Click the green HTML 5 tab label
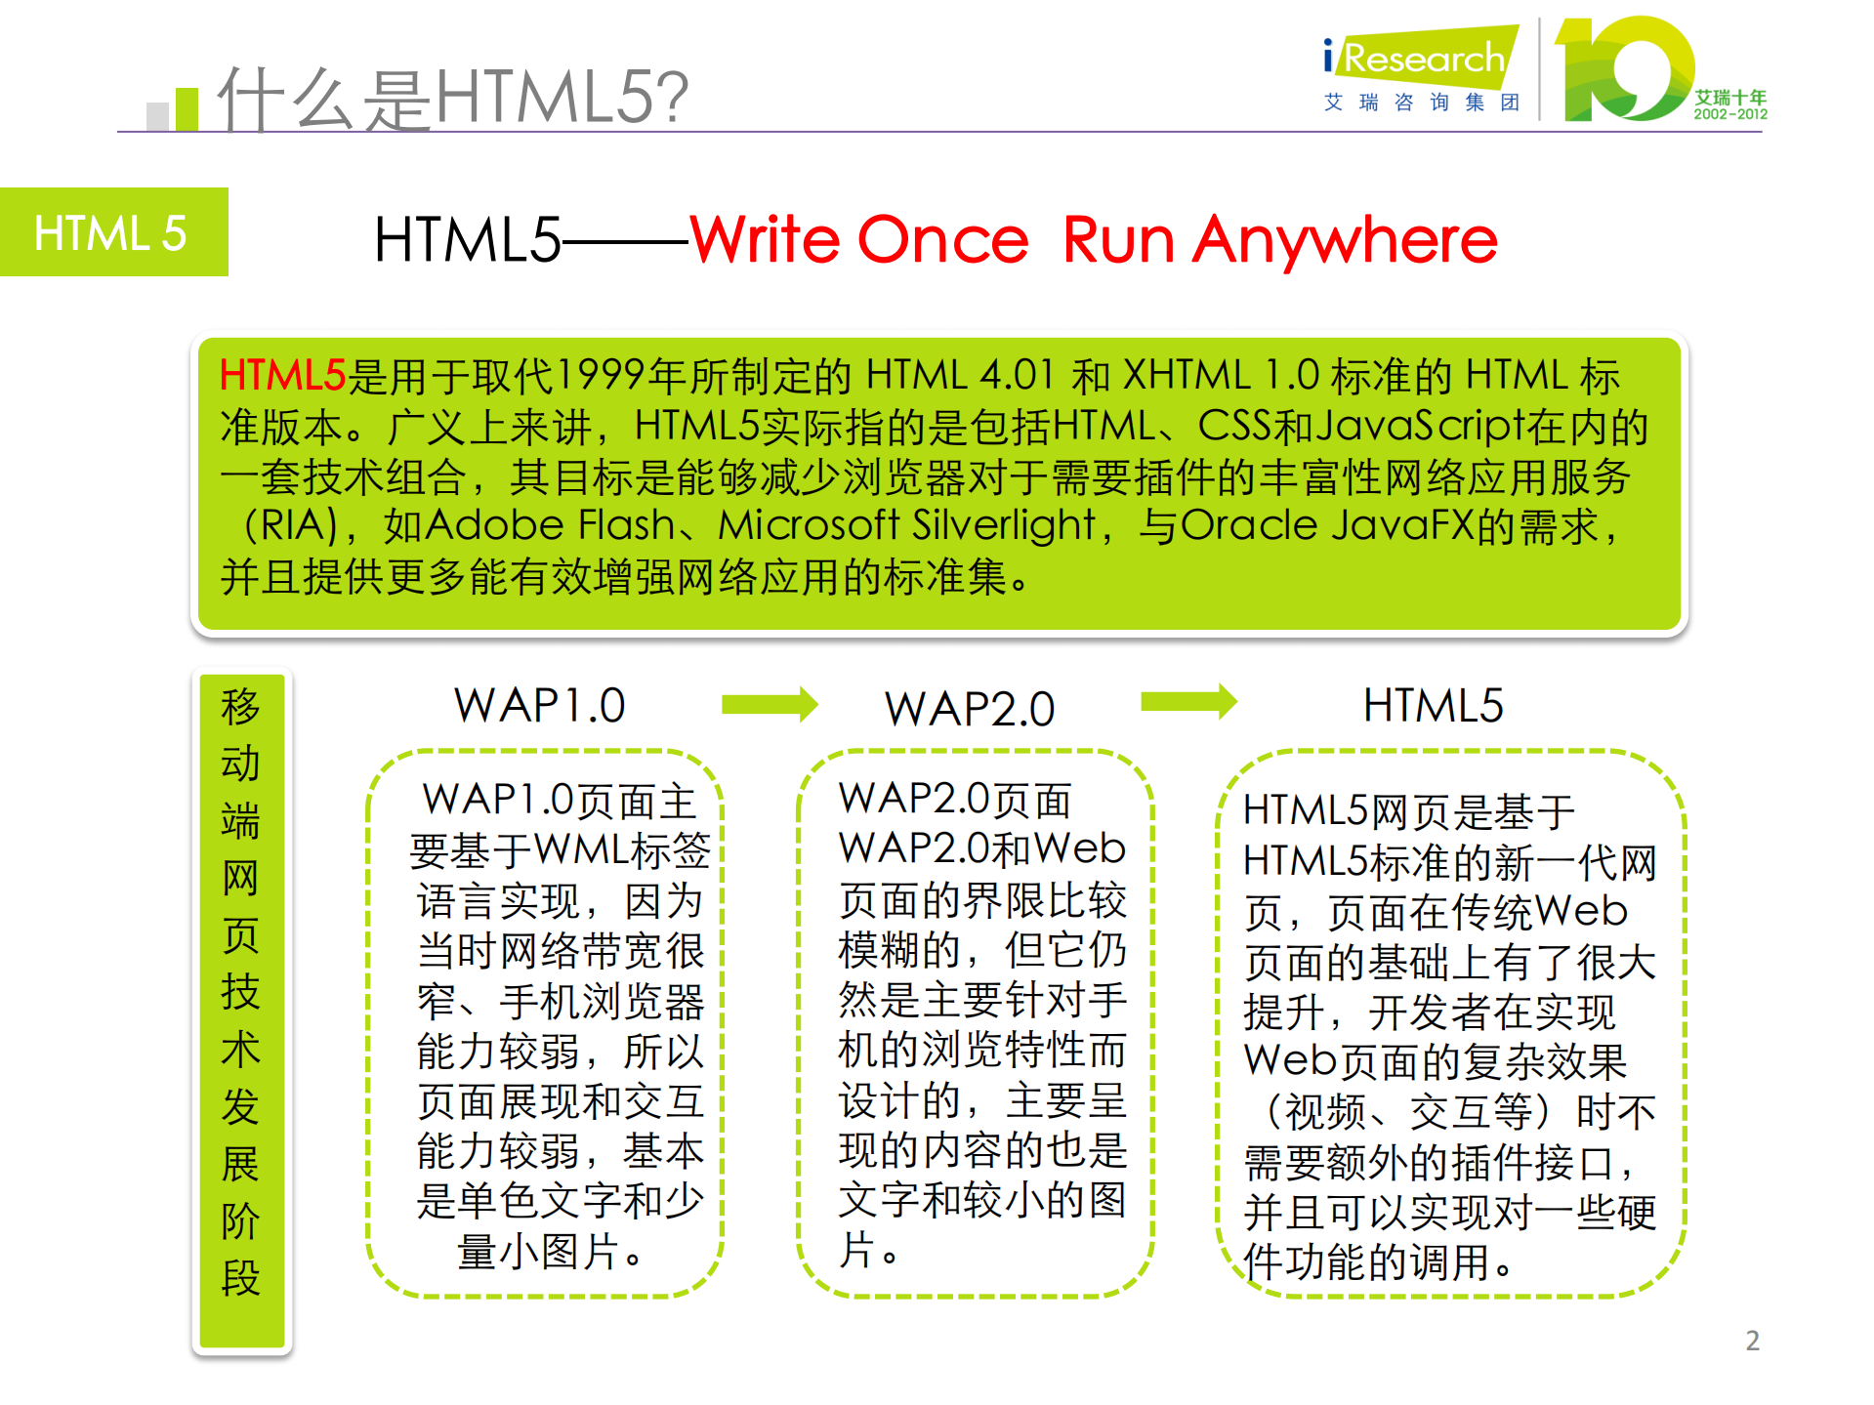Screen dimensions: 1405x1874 click(111, 233)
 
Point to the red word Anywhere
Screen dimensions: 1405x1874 click(1345, 240)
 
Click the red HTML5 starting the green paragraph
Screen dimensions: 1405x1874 click(282, 376)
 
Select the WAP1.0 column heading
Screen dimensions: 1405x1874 click(539, 706)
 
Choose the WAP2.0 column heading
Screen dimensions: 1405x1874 click(970, 709)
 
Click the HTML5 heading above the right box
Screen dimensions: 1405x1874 click(1433, 706)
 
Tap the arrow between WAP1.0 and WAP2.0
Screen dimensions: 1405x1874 click(770, 704)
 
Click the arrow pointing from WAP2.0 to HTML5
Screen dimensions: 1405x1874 click(1188, 701)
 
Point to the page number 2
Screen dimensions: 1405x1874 click(1752, 1341)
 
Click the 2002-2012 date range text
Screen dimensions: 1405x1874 click(1729, 114)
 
